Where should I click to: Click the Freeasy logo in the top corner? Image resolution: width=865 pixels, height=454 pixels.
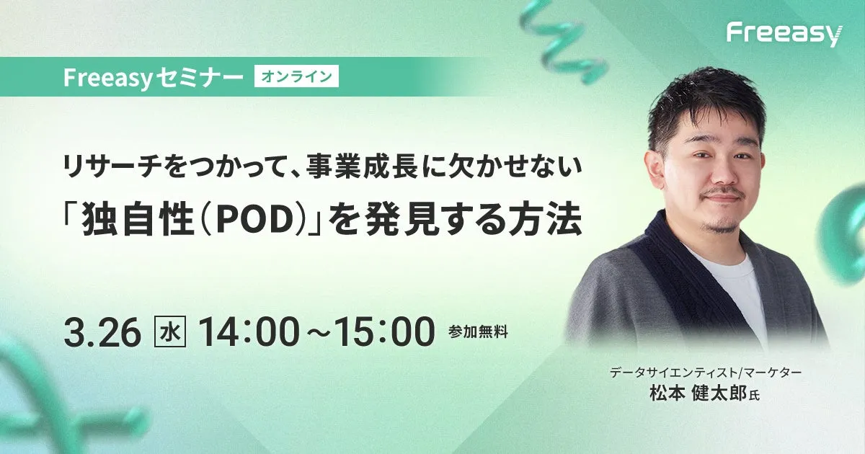[785, 35]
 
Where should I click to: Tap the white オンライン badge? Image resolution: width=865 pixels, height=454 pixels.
[296, 76]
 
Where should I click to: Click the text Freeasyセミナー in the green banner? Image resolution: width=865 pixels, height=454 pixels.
[153, 77]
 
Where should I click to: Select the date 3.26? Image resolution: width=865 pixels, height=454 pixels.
[102, 332]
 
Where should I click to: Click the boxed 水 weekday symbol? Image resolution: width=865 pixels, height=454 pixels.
[170, 332]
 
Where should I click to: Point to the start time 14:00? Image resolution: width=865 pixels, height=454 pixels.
[249, 332]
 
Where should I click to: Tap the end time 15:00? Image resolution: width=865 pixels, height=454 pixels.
[384, 332]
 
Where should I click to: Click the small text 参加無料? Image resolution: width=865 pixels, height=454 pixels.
[478, 332]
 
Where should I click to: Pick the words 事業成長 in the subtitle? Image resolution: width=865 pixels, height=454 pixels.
[362, 169]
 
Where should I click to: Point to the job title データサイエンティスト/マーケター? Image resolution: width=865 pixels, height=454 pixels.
[706, 373]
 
